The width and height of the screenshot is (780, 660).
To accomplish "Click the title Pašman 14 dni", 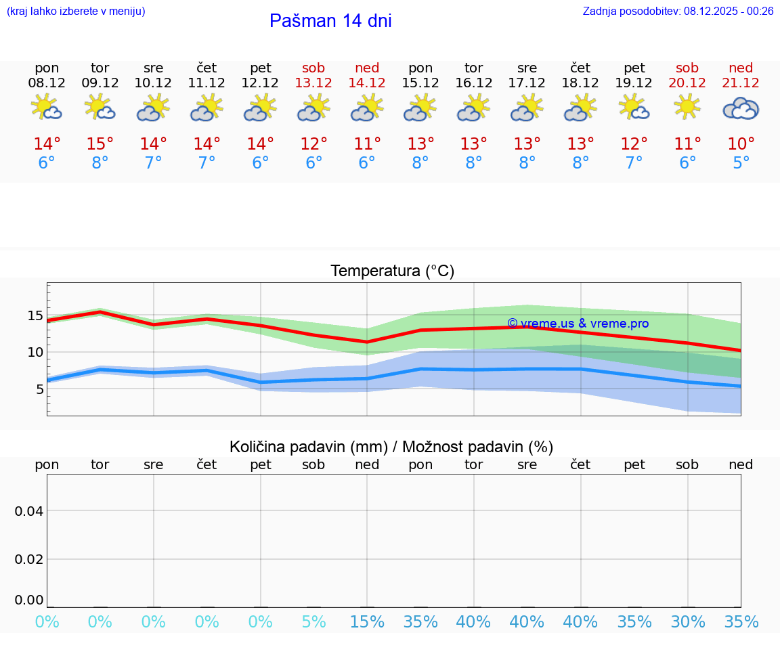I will click(x=330, y=21).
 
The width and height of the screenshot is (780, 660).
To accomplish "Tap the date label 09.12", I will click(x=100, y=83).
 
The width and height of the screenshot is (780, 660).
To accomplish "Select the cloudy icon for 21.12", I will click(x=741, y=108).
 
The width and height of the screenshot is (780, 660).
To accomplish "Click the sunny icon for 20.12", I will click(x=687, y=107).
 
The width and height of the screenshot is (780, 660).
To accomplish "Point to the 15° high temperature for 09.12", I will click(x=100, y=144).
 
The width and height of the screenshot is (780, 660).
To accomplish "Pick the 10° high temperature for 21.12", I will click(x=741, y=144).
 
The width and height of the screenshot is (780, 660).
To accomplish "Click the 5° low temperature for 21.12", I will click(x=741, y=163).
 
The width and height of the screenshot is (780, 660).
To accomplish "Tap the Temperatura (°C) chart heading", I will click(x=392, y=271).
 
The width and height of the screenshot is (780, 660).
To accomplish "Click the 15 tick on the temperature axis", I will click(x=35, y=315).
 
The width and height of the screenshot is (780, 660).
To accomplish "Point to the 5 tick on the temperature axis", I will click(x=39, y=389).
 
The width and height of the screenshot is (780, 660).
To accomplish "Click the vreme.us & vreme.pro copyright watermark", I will click(x=578, y=324).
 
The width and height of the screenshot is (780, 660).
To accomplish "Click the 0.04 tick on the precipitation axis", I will click(x=29, y=510).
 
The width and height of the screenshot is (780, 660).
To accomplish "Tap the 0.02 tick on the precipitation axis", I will click(x=29, y=559).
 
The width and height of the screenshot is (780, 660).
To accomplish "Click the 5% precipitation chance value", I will click(x=313, y=622).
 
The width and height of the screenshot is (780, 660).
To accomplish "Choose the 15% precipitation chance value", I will click(x=367, y=622).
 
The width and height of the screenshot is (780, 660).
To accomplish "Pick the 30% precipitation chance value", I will click(x=687, y=622).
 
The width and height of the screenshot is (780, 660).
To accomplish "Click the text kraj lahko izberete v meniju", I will click(x=76, y=11).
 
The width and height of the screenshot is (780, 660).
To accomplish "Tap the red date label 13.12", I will click(x=313, y=83).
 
